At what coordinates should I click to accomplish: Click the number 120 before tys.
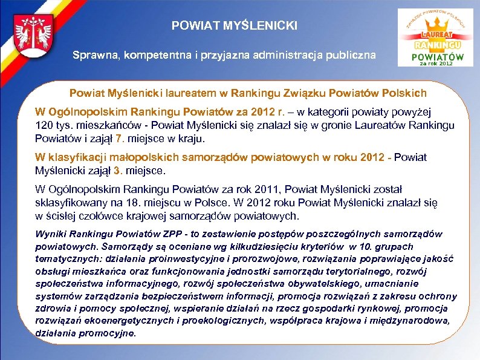[x=44, y=125]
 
